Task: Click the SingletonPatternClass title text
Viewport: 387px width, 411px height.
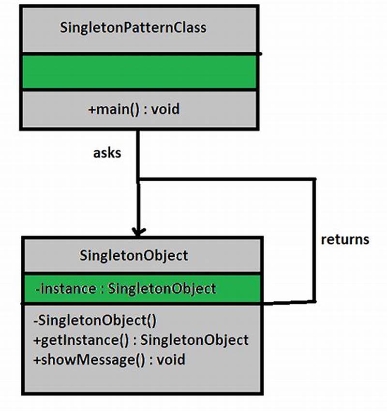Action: tap(133, 27)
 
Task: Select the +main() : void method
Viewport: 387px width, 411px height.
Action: tap(134, 109)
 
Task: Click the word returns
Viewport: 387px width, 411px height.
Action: tap(345, 239)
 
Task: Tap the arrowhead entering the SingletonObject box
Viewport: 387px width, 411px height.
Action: tap(138, 232)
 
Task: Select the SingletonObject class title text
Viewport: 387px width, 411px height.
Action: tap(134, 255)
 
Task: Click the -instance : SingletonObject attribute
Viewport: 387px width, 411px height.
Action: tap(125, 289)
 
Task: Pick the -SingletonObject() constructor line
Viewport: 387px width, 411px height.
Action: tap(95, 320)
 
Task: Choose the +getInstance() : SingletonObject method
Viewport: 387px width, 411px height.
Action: tap(140, 340)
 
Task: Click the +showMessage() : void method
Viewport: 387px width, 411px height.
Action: tap(109, 359)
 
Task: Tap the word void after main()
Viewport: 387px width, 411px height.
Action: tap(165, 109)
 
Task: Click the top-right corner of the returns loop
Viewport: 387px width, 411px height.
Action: tap(315, 180)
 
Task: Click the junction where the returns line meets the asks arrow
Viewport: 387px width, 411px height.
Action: tap(138, 180)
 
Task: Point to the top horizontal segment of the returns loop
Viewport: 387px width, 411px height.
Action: tap(227, 180)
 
